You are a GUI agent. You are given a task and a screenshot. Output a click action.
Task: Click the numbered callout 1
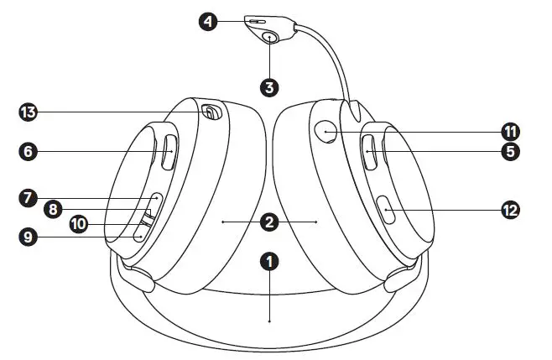pyautogui.click(x=268, y=262)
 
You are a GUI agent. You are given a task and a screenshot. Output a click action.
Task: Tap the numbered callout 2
pyautogui.click(x=268, y=222)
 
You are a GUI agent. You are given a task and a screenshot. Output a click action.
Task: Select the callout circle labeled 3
pyautogui.click(x=268, y=86)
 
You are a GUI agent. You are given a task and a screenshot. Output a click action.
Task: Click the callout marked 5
pyautogui.click(x=512, y=152)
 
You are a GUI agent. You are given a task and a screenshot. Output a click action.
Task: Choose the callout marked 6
pyautogui.click(x=29, y=152)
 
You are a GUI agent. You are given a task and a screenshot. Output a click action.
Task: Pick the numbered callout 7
pyautogui.click(x=29, y=198)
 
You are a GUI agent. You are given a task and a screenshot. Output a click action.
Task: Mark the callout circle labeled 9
pyautogui.click(x=29, y=237)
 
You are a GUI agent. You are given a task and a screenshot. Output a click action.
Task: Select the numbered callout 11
pyautogui.click(x=511, y=131)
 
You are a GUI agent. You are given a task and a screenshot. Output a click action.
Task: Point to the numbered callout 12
pyautogui.click(x=511, y=211)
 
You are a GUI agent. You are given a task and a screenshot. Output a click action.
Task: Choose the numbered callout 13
pyautogui.click(x=29, y=112)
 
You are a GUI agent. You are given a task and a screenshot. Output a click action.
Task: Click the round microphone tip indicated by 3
pyautogui.click(x=269, y=38)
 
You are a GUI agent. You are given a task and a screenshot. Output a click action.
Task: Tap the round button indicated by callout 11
pyautogui.click(x=327, y=131)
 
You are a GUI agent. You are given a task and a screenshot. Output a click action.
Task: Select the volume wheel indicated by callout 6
pyautogui.click(x=167, y=153)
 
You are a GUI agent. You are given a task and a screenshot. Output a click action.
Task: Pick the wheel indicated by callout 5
pyautogui.click(x=369, y=152)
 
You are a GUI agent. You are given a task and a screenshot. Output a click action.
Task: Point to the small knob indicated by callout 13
pyautogui.click(x=210, y=112)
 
